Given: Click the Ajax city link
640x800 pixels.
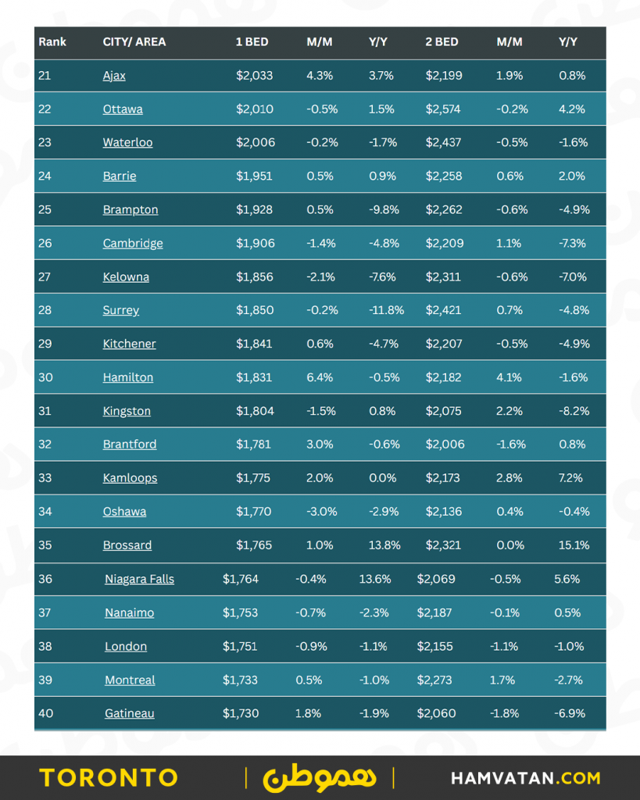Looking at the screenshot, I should (114, 76).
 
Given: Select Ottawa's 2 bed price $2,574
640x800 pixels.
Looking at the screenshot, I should (444, 109).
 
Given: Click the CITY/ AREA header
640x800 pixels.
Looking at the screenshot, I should (134, 42).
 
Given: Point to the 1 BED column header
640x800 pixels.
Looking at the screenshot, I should (252, 42).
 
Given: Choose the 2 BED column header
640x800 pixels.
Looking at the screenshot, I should (442, 42).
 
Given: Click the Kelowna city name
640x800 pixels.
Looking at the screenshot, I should (126, 277).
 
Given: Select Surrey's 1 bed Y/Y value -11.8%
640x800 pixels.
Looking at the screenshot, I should (386, 310).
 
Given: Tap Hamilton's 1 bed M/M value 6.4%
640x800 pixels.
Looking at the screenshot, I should (320, 377).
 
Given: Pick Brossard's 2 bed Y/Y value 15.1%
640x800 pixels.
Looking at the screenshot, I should (574, 545).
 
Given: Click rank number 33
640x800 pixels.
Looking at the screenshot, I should (45, 478).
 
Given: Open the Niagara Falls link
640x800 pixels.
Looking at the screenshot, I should (139, 579).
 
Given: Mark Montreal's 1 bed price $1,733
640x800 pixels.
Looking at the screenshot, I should (240, 680).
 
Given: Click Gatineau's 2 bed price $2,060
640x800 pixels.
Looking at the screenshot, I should (435, 713).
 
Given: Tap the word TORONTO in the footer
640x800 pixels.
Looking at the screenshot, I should (109, 778).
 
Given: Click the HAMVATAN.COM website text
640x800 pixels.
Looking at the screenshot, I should (526, 778).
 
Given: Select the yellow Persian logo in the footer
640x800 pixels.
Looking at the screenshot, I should (320, 778).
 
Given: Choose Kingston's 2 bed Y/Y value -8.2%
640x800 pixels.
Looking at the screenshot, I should (574, 411).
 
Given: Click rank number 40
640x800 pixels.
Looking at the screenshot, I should (45, 713).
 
